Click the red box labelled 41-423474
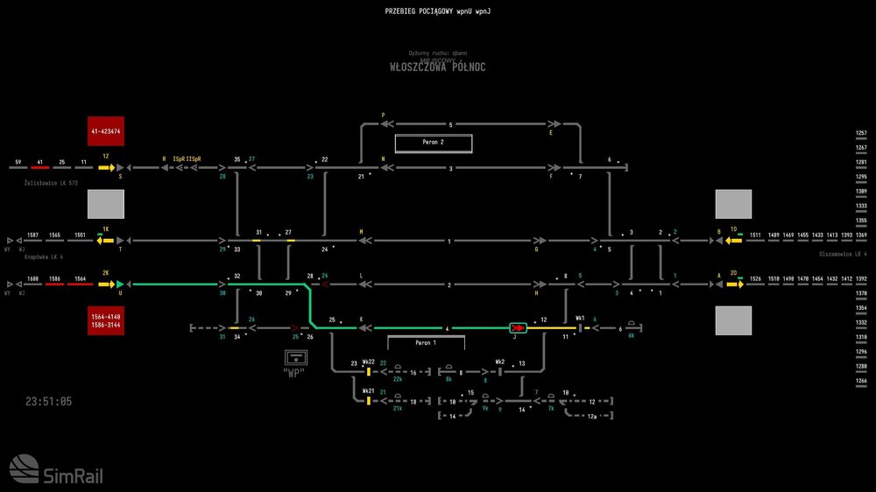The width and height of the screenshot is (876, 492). [105, 131]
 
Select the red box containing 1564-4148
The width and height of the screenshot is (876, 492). [105, 320]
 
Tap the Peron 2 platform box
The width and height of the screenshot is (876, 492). [433, 143]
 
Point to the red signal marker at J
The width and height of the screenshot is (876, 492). [518, 328]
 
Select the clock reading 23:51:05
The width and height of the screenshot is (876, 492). [49, 401]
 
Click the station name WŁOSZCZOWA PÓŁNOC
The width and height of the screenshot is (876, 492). [437, 67]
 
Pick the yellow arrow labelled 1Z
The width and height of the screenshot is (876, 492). [106, 165]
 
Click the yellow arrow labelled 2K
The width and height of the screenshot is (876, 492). [106, 284]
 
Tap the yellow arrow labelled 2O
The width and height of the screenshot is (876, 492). [734, 284]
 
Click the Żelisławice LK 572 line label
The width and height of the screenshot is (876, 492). [52, 183]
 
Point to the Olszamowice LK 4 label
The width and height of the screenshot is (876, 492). [842, 254]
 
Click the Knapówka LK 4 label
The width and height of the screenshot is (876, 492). [45, 257]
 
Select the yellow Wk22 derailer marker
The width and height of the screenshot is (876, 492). [369, 372]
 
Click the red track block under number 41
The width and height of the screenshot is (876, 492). [40, 166]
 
